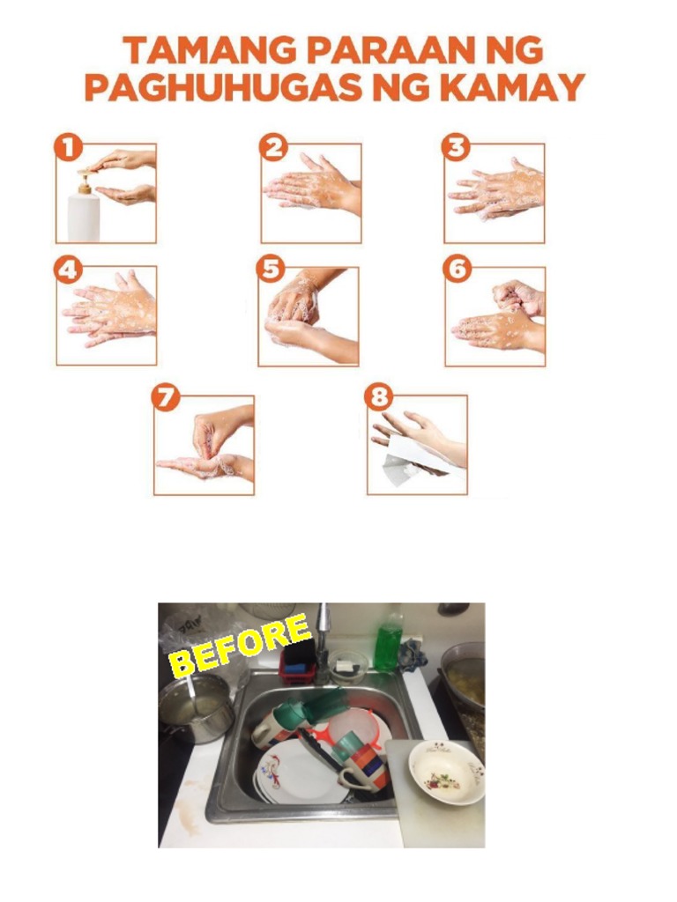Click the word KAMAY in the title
(525, 87)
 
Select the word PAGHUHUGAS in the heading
(219, 87)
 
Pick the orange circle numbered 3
(456, 147)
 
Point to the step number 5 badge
(271, 269)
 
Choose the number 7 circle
(166, 397)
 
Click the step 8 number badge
(379, 397)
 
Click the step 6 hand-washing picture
(495, 315)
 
